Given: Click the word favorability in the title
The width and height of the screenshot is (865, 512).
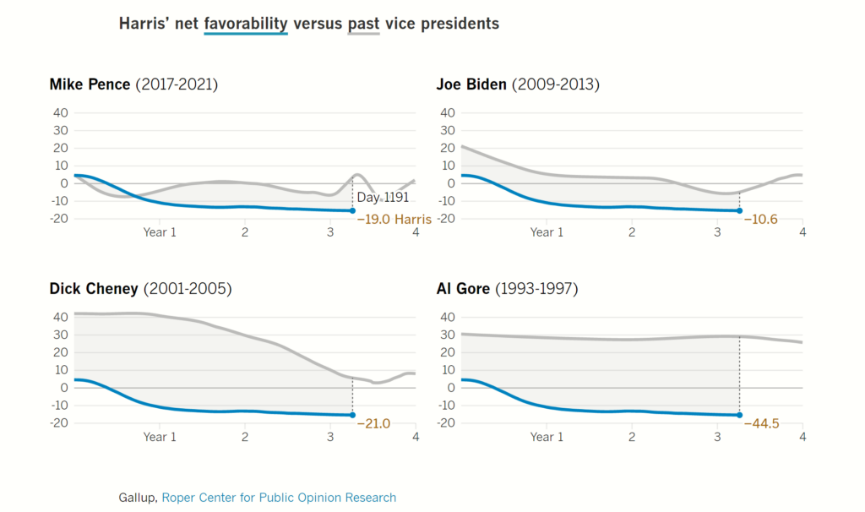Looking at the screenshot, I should click(246, 24).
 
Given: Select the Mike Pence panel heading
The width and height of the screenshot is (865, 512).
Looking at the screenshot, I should click(133, 84).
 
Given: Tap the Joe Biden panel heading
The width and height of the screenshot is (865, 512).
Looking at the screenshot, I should click(518, 84).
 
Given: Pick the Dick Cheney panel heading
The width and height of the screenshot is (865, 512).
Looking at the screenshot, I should click(140, 289).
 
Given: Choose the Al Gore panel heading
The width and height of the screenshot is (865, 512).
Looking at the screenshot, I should click(507, 289).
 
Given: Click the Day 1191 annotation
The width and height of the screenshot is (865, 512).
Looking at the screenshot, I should click(383, 198).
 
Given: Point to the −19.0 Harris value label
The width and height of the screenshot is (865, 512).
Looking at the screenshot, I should click(394, 220).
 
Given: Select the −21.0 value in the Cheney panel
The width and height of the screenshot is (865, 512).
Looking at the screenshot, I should click(374, 423).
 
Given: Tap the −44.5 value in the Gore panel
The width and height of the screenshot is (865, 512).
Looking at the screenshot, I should click(761, 423).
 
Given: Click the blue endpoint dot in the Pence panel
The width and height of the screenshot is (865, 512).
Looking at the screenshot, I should click(352, 210).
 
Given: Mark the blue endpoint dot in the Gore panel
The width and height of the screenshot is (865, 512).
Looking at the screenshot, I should click(739, 415).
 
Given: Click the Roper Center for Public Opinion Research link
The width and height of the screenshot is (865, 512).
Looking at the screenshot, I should click(279, 498).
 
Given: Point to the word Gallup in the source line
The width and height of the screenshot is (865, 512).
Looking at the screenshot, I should click(137, 498).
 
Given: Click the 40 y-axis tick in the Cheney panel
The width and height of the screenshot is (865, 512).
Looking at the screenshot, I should click(60, 317).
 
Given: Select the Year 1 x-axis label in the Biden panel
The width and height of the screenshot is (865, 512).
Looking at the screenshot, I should click(541, 232).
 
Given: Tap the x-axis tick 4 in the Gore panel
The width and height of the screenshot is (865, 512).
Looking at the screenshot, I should click(802, 437).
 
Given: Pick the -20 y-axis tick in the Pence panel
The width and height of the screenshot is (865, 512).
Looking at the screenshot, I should click(58, 219).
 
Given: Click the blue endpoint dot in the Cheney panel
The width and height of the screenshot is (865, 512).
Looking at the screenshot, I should click(352, 415).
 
